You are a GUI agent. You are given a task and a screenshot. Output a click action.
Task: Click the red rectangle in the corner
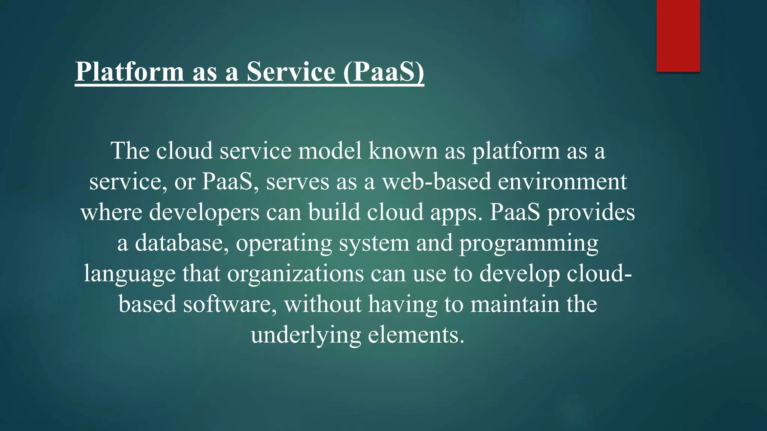pyautogui.click(x=678, y=36)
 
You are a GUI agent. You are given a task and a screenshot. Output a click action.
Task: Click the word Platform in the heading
pyautogui.click(x=130, y=71)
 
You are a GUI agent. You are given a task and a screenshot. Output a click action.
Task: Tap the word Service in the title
pyautogui.click(x=291, y=71)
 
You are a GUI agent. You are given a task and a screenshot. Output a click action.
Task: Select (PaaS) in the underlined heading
pyautogui.click(x=383, y=71)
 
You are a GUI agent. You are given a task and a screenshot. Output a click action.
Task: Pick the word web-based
pyautogui.click(x=436, y=181)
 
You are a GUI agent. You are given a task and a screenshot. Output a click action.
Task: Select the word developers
pyautogui.click(x=204, y=212)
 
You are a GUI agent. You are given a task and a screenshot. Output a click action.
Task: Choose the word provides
pyautogui.click(x=591, y=212)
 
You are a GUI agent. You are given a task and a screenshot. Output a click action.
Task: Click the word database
pyautogui.click(x=182, y=243)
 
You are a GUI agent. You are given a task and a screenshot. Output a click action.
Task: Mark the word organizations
pyautogui.click(x=295, y=274)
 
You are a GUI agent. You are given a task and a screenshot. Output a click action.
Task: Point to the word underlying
pyautogui.click(x=306, y=335)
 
